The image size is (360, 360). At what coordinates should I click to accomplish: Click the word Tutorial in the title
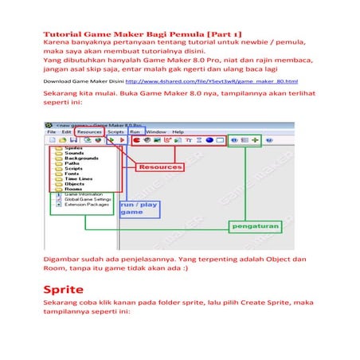[61, 36]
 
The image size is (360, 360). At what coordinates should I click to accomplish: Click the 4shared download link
[211, 81]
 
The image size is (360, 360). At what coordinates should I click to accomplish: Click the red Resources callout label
[158, 167]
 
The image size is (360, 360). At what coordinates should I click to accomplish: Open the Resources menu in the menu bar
[88, 131]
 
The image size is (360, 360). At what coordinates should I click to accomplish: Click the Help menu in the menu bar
[178, 131]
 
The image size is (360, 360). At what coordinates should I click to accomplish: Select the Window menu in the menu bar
[156, 131]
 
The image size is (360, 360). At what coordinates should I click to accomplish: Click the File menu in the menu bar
[50, 131]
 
